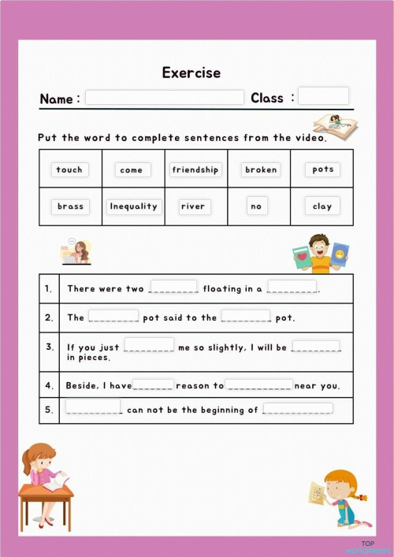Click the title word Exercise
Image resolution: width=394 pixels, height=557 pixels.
191,72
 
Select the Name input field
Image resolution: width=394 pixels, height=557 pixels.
165,98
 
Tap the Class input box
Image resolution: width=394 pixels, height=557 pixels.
323,96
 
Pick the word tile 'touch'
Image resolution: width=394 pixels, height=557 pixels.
69,169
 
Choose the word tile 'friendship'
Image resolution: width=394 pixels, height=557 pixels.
196,169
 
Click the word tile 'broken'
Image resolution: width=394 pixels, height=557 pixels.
261,169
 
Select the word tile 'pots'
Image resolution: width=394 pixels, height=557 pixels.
322,169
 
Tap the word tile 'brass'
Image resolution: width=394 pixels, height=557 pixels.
70,206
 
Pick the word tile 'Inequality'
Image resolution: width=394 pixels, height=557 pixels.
133,206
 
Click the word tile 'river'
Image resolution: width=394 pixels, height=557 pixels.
193,206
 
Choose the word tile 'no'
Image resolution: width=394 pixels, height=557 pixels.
255,206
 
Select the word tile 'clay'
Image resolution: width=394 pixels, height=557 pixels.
322,206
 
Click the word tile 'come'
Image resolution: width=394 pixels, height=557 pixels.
132,169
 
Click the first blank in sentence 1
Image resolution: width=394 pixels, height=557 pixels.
173,287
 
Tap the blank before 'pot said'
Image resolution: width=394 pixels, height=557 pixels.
113,316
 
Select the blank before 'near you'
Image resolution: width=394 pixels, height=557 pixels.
259,384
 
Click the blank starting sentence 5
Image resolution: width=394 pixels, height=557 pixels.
93,407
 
